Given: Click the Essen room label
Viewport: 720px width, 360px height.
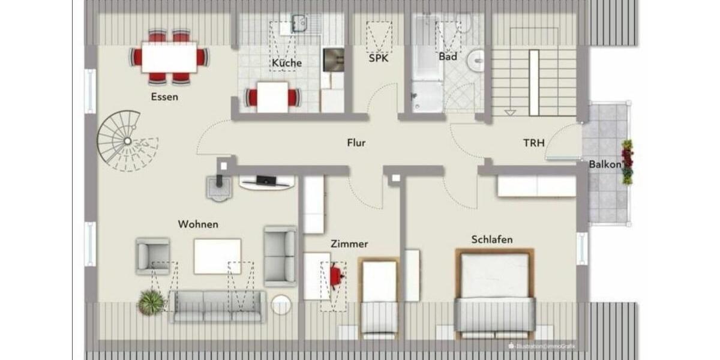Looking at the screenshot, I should coord(164,97).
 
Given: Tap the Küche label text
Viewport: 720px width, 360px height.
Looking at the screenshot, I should coord(286,63).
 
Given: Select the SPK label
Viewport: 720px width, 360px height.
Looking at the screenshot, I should coord(379,58).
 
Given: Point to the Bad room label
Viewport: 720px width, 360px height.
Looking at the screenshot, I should coord(448,57).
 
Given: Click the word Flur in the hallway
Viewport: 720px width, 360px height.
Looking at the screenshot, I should coord(356,143).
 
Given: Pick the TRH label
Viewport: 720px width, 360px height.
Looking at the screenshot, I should coord(533,143).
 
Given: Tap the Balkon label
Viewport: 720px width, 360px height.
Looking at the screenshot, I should coord(604,164).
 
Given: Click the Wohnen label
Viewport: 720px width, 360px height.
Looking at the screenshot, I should coord(198,224).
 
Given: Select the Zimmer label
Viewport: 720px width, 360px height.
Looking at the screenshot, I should coord(349,244).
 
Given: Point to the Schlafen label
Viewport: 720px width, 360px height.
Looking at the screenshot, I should coord(492,239).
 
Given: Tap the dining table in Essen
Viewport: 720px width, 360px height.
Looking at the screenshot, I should coord(169,57).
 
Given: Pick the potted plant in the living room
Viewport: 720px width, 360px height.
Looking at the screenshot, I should coord(151,302).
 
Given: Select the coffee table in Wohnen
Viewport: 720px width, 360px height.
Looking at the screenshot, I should coord(217,256).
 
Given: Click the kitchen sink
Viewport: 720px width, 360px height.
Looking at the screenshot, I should coord(298,25).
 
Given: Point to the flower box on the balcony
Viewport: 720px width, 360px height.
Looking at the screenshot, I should coord(628,161).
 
